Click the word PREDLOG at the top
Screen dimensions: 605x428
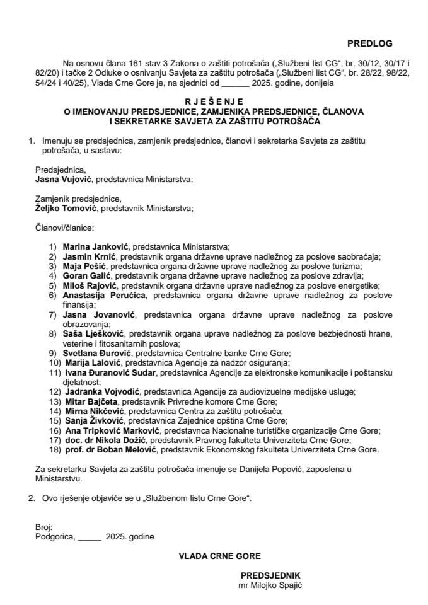(369, 43)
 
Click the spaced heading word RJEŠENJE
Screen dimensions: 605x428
(214, 101)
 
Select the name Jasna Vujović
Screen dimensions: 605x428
(61, 180)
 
